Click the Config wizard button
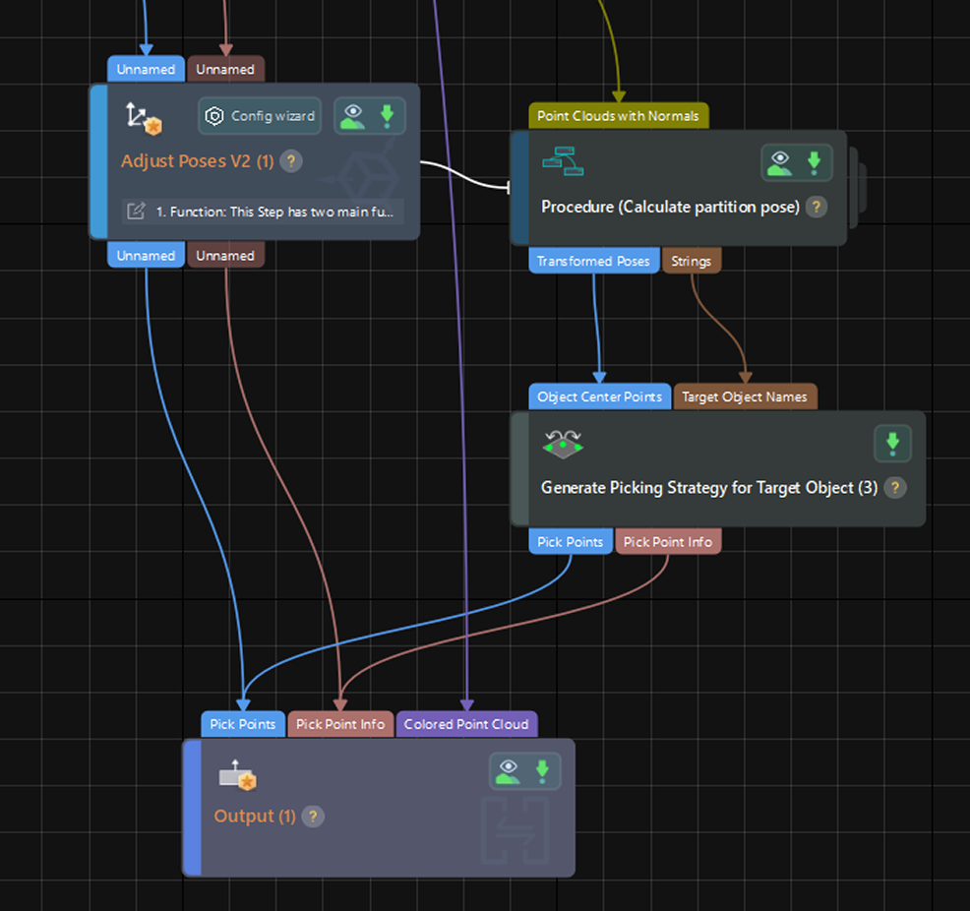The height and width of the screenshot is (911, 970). pyautogui.click(x=261, y=116)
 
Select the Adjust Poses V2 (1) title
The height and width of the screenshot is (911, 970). pyautogui.click(x=197, y=160)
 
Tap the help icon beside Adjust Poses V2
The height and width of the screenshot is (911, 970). pyautogui.click(x=291, y=161)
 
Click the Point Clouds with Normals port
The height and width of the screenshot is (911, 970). pyautogui.click(x=618, y=116)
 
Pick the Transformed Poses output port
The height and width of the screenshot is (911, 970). pyautogui.click(x=593, y=261)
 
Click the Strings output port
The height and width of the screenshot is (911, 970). pyautogui.click(x=692, y=261)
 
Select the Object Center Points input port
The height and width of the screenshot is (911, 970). pyautogui.click(x=600, y=396)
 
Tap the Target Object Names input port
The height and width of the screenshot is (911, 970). pyautogui.click(x=745, y=396)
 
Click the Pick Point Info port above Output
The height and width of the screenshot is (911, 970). pyautogui.click(x=340, y=724)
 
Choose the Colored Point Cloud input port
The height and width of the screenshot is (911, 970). pyautogui.click(x=466, y=724)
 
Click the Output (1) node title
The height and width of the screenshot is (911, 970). pyautogui.click(x=255, y=817)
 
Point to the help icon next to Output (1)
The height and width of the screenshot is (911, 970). pyautogui.click(x=313, y=817)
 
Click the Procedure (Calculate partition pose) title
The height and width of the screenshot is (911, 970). pyautogui.click(x=670, y=208)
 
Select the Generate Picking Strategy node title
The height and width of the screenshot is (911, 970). pyautogui.click(x=708, y=487)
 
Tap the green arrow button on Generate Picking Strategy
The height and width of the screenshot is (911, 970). pyautogui.click(x=892, y=444)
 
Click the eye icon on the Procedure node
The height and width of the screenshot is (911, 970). pyautogui.click(x=780, y=162)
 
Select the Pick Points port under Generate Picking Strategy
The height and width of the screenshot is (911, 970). pyautogui.click(x=571, y=542)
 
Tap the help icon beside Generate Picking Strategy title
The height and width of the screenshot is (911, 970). pyautogui.click(x=894, y=487)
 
